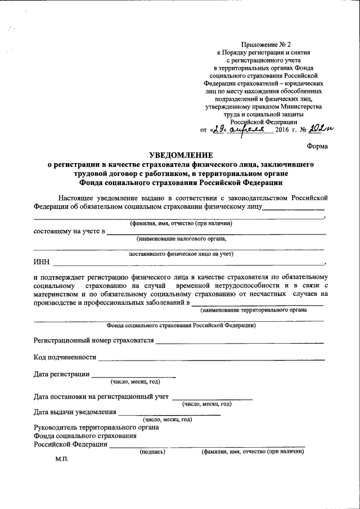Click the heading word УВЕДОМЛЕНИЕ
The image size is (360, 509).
181,155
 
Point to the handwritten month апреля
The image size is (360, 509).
247,129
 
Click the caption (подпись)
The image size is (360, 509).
152,451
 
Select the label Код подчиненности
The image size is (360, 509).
64,358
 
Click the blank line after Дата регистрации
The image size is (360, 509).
133,376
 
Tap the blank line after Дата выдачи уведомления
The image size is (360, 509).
170,413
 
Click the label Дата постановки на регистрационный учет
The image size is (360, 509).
101,397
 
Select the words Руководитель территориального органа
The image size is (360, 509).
96,427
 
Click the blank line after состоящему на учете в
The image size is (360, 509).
217,232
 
